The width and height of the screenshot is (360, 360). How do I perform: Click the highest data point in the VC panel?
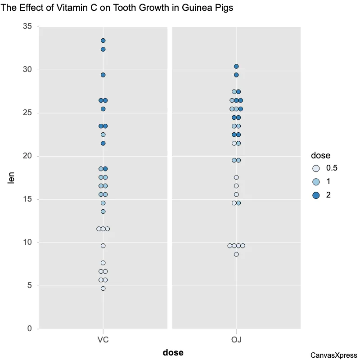[103, 40]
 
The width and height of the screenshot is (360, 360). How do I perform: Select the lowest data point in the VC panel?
[103, 288]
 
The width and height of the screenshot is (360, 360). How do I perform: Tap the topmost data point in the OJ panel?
[236, 67]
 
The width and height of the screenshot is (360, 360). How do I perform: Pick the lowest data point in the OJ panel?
[236, 254]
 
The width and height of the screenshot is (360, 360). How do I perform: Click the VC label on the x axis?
[103, 339]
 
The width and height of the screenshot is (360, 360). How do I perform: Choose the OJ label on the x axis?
[236, 339]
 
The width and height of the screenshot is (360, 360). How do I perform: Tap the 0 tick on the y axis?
[29, 329]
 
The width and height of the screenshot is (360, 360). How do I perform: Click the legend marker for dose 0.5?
[316, 168]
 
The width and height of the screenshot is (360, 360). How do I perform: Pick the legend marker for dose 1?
[316, 182]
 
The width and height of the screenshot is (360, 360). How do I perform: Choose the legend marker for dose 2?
[316, 195]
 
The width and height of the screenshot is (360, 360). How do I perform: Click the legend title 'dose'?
[321, 156]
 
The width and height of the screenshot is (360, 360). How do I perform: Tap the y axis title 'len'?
[12, 178]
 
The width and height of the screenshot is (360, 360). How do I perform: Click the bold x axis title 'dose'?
[173, 352]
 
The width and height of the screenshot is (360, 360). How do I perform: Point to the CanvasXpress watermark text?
[333, 355]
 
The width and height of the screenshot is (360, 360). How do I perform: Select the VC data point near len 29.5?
[103, 75]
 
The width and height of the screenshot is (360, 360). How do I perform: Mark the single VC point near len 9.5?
[103, 246]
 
